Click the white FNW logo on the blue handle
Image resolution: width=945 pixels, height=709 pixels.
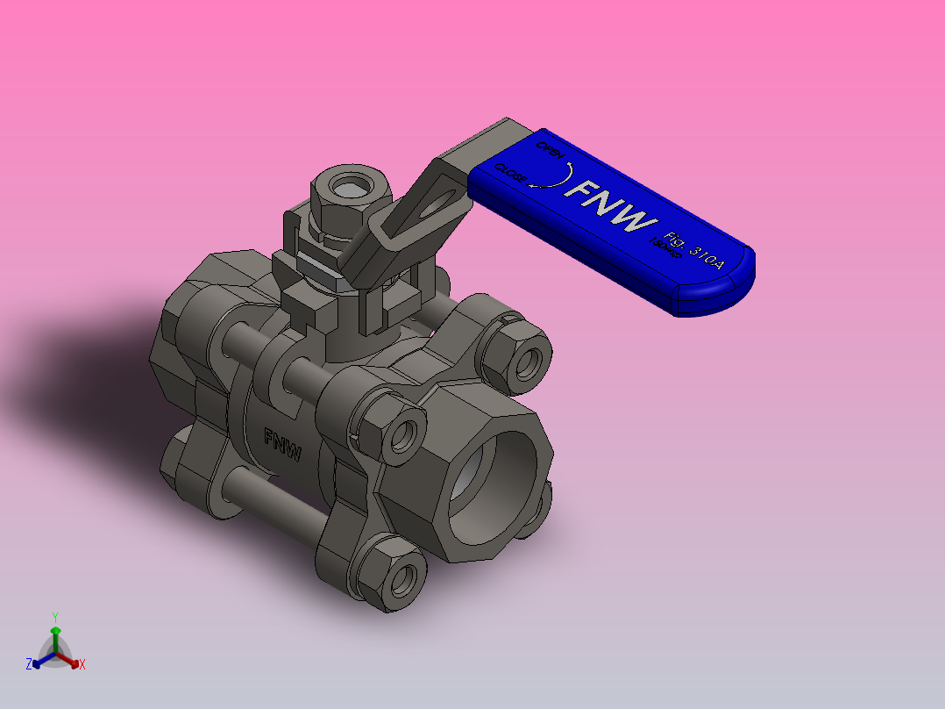click(612, 207)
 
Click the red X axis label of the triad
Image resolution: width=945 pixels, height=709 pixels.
click(82, 665)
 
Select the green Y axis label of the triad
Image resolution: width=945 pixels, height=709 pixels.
click(55, 617)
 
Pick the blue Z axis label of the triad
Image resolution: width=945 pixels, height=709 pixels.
click(28, 665)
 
